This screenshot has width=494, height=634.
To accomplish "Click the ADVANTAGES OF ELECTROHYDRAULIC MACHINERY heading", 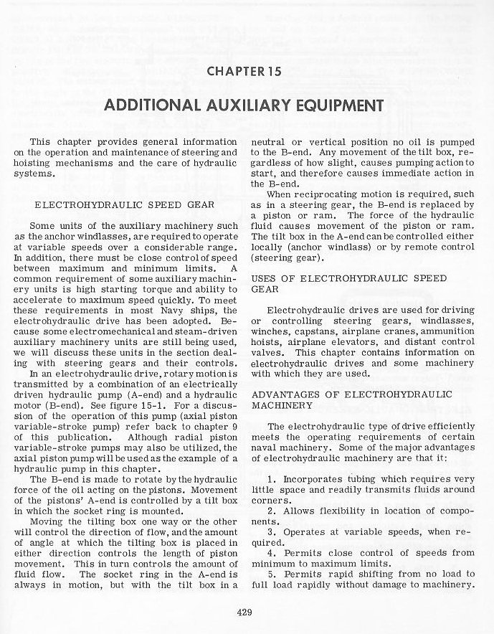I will [351, 399].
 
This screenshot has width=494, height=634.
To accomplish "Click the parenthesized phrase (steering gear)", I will [285, 258].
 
